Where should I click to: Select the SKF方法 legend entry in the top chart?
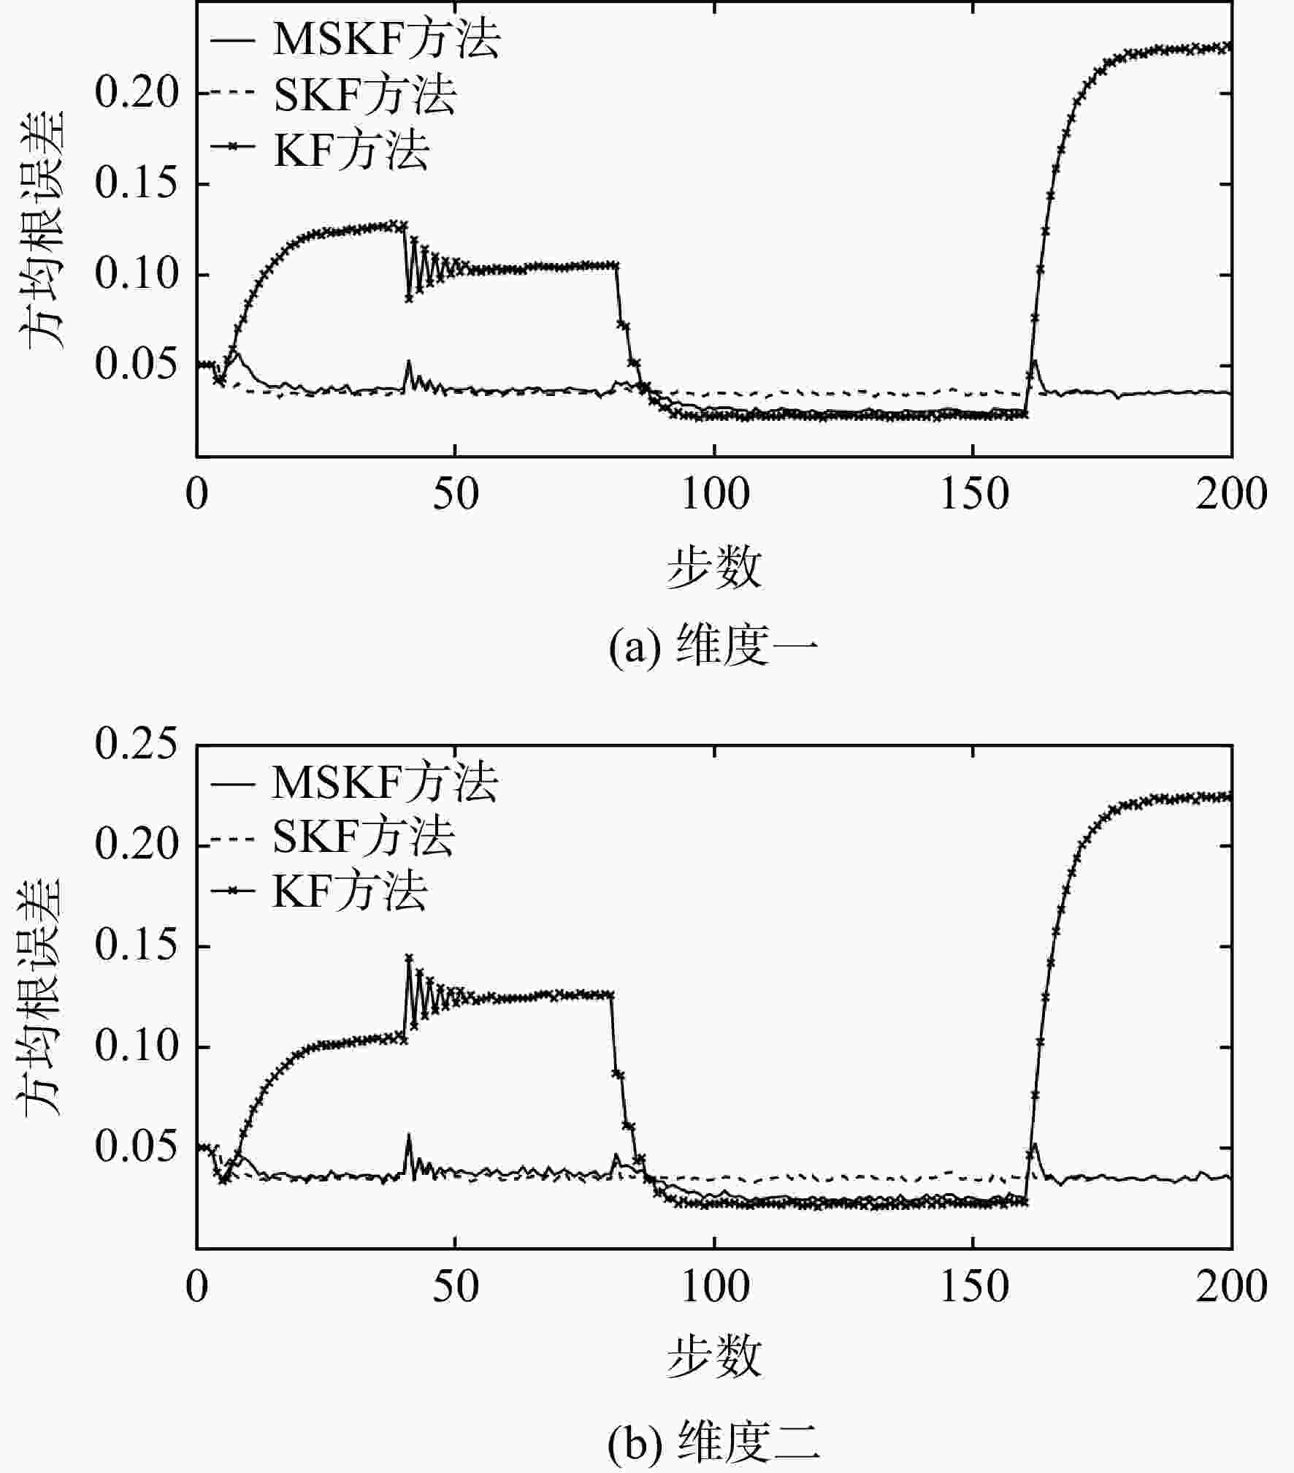tap(334, 94)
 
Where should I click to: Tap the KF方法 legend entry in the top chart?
tap(319, 148)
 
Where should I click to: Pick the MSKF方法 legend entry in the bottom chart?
tap(355, 783)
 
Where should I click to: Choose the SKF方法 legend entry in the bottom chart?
tap(332, 837)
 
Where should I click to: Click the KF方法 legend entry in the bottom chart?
tap(318, 891)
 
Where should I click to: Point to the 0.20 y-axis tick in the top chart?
tap(137, 93)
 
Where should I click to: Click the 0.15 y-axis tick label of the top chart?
tap(137, 183)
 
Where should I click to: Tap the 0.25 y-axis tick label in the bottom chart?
tap(137, 745)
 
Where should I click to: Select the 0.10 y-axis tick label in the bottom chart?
tap(137, 1047)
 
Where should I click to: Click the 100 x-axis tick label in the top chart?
tap(715, 495)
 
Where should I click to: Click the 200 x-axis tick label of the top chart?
tap(1232, 495)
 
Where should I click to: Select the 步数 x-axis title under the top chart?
tap(713, 568)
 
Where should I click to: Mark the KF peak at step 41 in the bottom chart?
tap(409, 958)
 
